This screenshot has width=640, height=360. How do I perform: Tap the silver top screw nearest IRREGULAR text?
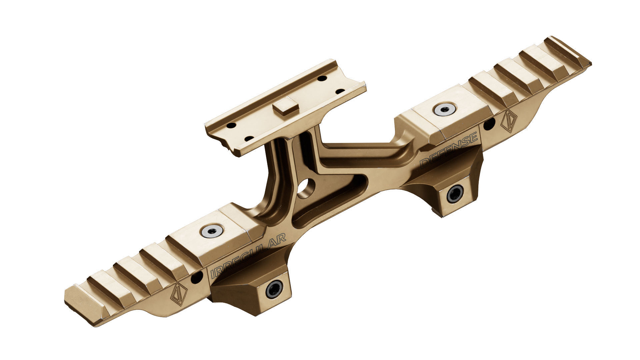pos(212,231)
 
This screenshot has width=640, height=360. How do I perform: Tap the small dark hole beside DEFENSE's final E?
pos(489,125)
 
